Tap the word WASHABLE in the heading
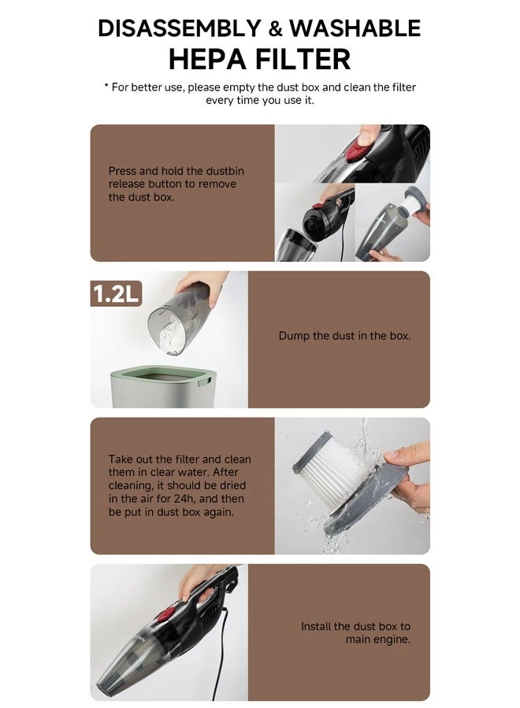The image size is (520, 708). point(355,28)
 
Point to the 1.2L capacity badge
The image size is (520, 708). point(116,294)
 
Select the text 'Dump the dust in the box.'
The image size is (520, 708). point(344,336)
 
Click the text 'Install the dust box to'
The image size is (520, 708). point(355,626)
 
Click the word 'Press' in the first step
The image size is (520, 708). point(122,171)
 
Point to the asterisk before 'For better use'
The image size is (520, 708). point(106,86)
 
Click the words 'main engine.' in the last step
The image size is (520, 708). point(378,640)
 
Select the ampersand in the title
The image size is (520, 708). point(276,30)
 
